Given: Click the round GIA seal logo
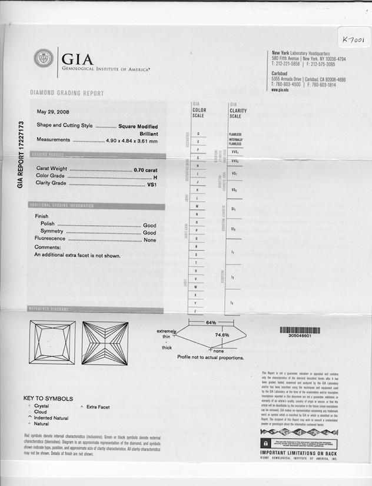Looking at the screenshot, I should point(43,58).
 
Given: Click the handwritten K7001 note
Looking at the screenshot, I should point(353,39).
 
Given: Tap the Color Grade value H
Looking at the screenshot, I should point(155,176).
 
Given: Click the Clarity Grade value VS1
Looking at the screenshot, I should point(152,183).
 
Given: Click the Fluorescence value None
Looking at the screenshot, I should point(150,239).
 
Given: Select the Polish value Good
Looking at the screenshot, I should point(150,225).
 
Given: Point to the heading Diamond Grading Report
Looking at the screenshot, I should point(67,93).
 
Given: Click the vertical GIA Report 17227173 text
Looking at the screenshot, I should point(21,155).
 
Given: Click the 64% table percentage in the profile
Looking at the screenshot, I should point(211,323).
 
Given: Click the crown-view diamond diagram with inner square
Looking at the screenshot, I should point(52,343).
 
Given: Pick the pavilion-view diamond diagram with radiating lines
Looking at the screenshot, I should point(105,343).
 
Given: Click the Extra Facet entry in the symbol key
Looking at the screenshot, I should point(98,406).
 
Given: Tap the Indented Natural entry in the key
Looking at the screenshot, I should point(51,418).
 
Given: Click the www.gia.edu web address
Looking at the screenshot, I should point(280,90).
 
